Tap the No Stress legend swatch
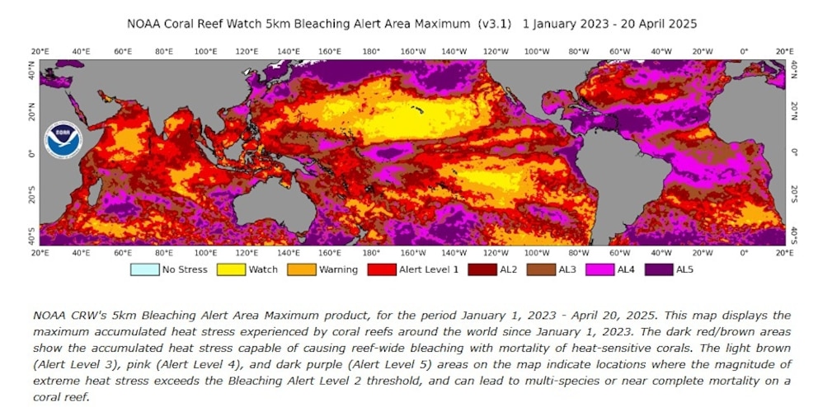click(x=144, y=269)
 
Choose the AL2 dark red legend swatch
click(x=481, y=269)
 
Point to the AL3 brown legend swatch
click(x=543, y=269)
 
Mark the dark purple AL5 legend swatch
click(x=661, y=269)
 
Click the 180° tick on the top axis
click(x=371, y=51)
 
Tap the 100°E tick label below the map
click(x=205, y=253)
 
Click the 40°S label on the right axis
click(x=794, y=234)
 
